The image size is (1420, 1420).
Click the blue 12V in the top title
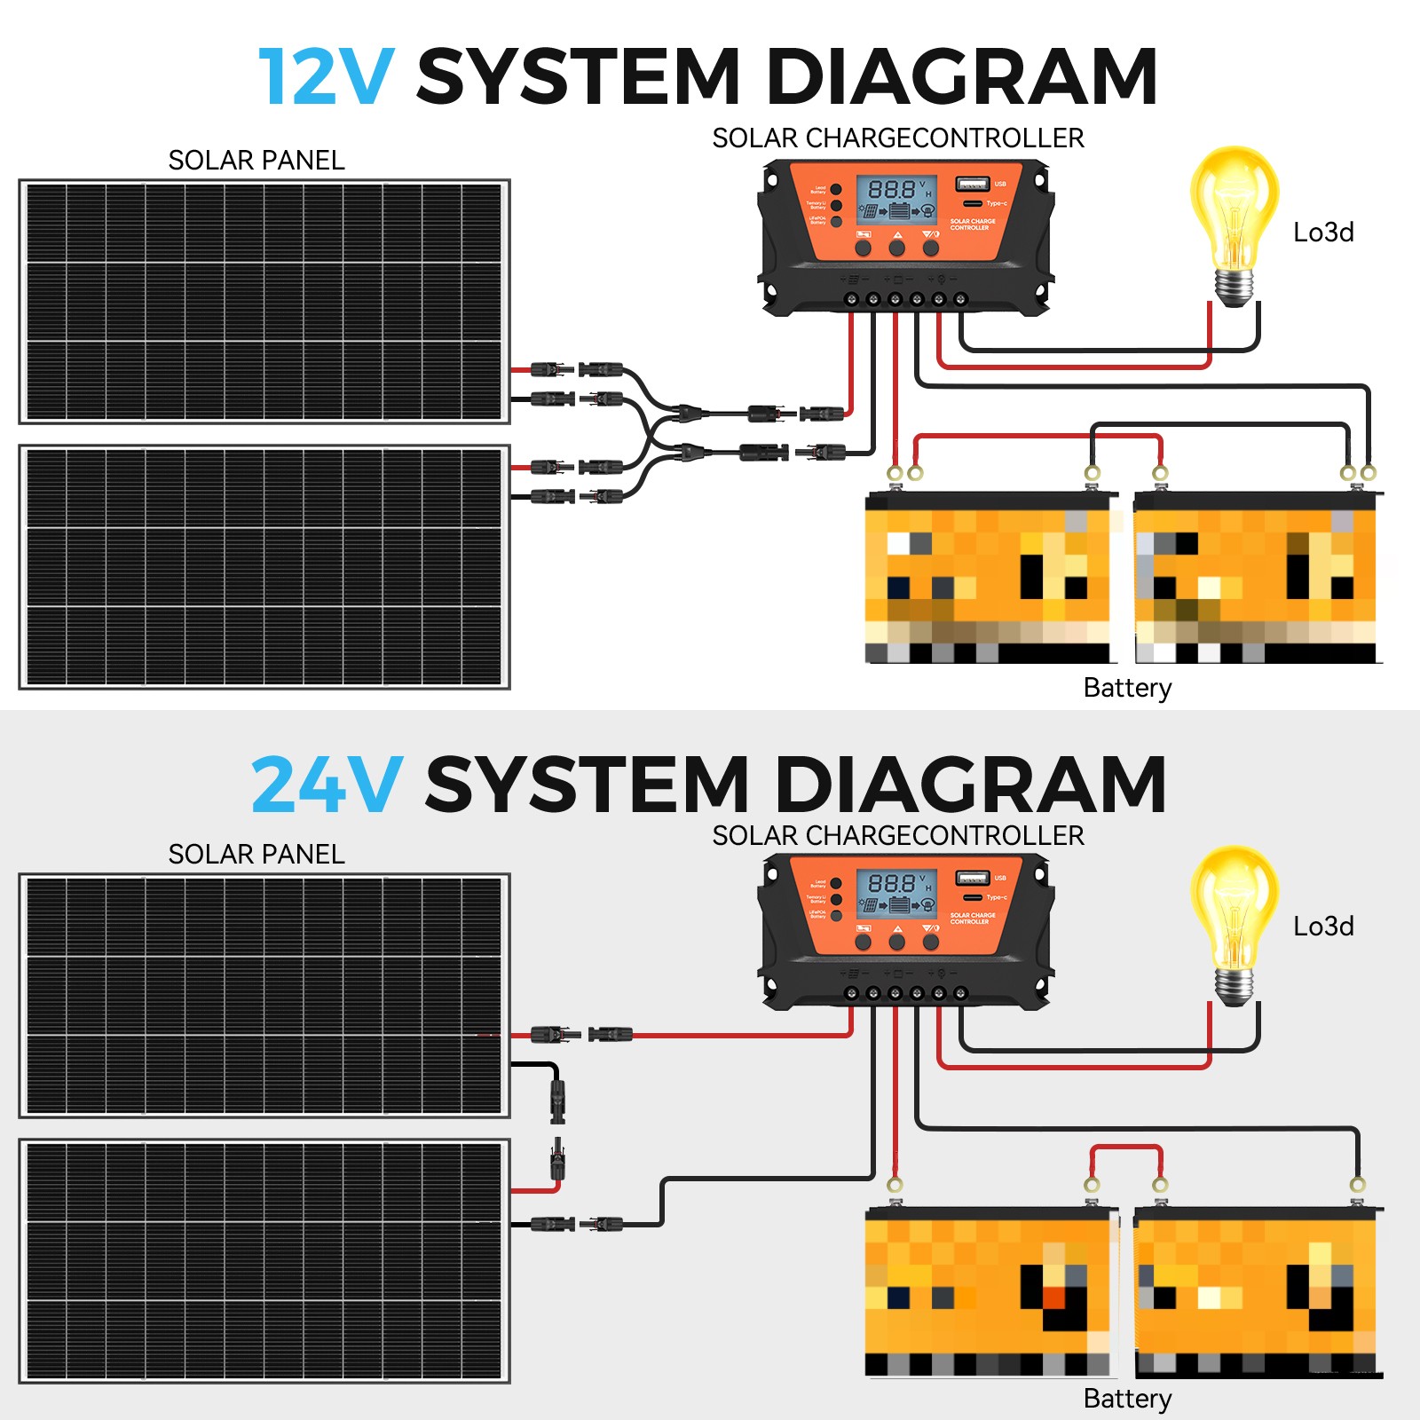point(325,77)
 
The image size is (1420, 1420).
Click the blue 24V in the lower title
point(327,785)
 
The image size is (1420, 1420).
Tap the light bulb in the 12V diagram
point(1234,222)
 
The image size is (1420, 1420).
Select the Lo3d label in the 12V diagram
point(1323,233)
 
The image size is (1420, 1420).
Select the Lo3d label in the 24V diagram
point(1323,927)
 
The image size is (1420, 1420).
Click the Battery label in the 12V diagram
point(1127,688)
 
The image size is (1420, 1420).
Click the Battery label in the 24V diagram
point(1127,1399)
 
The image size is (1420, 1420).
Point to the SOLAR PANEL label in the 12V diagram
point(256,161)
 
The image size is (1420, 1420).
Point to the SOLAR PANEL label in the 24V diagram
point(256,855)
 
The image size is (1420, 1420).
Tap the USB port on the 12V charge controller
point(971,185)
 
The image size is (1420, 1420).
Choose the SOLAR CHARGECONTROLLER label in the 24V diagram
point(898,836)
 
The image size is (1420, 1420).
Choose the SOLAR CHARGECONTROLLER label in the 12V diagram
point(898,138)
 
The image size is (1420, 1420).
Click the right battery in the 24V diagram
point(1256,1291)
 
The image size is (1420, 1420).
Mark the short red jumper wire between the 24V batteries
point(1125,1148)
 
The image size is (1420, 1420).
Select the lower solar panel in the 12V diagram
point(264,567)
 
